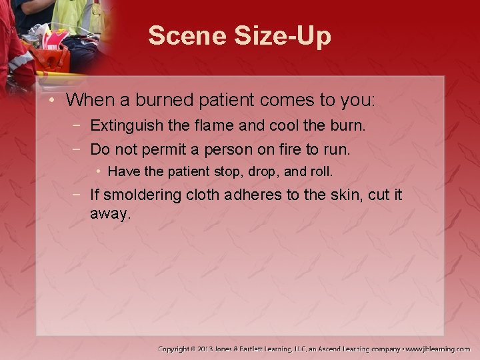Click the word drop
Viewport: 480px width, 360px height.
[263, 171]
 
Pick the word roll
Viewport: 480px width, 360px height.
[321, 171]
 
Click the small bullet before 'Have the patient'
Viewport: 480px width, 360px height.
[99, 171]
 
